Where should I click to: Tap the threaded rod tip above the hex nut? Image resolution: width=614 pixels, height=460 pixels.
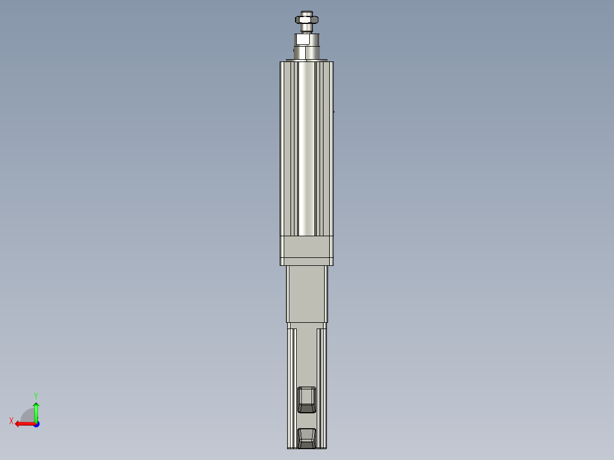[x=306, y=13]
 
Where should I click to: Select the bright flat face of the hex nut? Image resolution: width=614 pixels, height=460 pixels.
[x=306, y=20]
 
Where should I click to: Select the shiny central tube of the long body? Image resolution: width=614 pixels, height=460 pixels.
[x=306, y=148]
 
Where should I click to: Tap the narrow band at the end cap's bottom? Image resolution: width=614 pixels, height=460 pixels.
[x=306, y=262]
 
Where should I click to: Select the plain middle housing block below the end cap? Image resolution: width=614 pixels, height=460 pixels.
[x=306, y=294]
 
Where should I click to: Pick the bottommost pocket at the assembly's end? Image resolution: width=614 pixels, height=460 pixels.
[x=307, y=438]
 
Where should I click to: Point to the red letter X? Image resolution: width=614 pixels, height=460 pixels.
[x=11, y=421]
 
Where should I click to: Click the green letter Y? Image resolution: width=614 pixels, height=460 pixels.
[x=35, y=395]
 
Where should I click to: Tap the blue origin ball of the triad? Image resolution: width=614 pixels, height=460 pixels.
[x=36, y=424]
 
